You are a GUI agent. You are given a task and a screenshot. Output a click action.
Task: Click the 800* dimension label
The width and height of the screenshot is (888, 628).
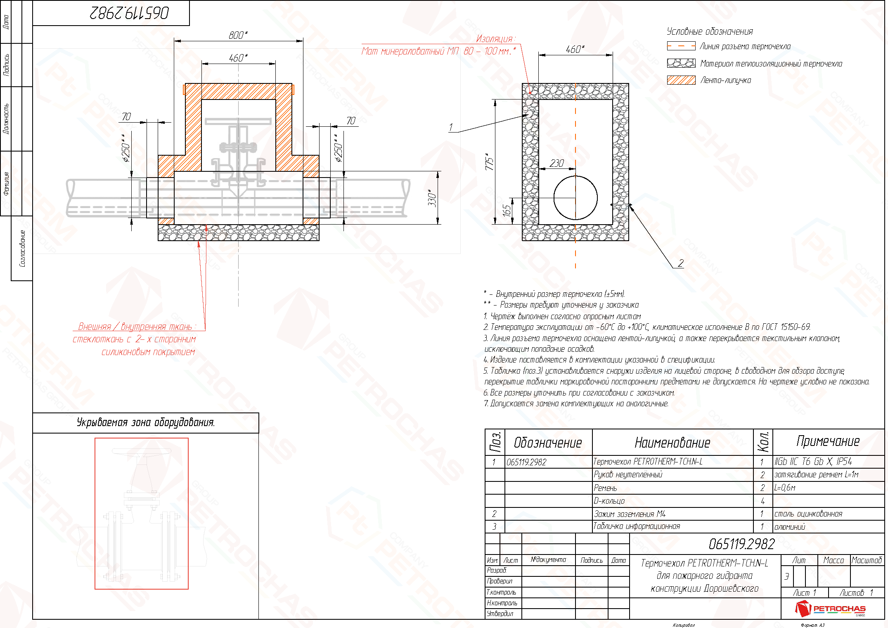(238, 36)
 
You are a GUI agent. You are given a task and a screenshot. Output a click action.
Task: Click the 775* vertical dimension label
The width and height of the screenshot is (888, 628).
(490, 161)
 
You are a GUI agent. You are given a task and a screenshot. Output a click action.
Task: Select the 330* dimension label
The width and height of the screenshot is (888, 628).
(432, 198)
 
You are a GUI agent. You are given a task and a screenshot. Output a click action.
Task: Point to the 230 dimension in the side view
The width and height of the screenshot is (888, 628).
(556, 164)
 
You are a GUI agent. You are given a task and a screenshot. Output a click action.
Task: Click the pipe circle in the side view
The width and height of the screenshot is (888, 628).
(575, 198)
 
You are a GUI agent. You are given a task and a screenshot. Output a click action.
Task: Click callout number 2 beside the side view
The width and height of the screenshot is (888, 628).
(680, 263)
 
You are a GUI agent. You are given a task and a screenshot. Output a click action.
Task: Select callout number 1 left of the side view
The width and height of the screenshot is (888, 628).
(451, 127)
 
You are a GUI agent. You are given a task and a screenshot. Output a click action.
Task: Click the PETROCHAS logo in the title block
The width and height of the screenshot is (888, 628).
(830, 609)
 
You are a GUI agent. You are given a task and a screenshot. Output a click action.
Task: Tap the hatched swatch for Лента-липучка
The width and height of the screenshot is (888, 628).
(681, 80)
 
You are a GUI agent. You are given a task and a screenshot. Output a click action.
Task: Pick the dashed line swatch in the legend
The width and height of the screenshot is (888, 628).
(681, 46)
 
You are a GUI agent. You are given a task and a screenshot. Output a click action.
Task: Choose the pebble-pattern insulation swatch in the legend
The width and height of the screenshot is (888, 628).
(681, 63)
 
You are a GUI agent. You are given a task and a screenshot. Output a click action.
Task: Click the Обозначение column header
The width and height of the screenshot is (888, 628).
(548, 443)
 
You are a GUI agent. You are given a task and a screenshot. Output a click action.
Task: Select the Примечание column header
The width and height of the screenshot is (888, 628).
(828, 441)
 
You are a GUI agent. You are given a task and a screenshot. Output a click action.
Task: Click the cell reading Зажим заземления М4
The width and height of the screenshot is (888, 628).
(630, 514)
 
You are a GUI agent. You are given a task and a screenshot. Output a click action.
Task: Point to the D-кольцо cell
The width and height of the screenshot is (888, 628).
(609, 501)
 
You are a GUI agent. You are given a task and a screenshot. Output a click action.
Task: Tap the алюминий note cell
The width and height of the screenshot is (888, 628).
(790, 527)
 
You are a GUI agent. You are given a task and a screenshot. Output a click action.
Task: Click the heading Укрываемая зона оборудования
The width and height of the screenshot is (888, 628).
(146, 422)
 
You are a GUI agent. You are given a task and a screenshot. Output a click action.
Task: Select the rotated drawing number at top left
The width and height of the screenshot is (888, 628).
(129, 13)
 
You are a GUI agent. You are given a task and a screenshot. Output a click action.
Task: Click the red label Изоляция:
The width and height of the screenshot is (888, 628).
(495, 39)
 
